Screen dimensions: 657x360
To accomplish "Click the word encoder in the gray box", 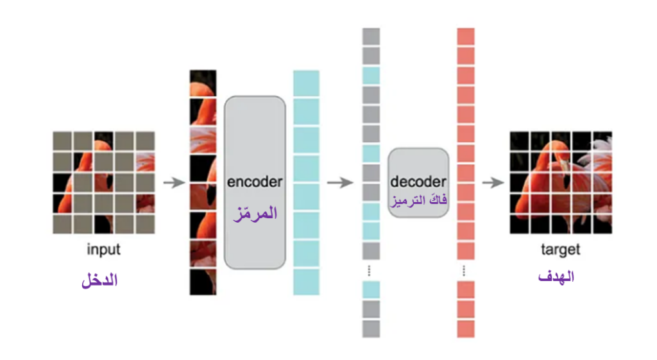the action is [x=255, y=182].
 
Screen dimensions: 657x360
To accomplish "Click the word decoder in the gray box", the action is [x=418, y=182].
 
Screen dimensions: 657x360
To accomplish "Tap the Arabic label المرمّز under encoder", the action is [x=255, y=214].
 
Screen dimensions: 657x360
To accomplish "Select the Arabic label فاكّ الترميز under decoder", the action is [x=418, y=200].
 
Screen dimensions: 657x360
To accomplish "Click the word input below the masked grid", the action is [x=103, y=250].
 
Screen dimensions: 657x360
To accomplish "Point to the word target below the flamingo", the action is [x=561, y=250].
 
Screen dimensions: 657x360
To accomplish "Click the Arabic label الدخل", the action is [x=99, y=280].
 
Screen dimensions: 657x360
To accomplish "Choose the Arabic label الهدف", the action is [x=556, y=277].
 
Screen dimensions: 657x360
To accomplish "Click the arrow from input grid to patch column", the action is [x=175, y=183].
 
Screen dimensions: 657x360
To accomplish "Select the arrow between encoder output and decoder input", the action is [x=340, y=183].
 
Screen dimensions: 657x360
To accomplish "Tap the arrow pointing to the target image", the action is [x=493, y=183].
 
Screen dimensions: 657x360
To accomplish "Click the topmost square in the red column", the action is [x=466, y=37].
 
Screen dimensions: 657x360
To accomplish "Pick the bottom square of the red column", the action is [x=466, y=329].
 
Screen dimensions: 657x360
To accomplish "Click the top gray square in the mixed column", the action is [x=371, y=37].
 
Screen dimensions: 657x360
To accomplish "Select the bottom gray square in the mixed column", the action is [x=371, y=329].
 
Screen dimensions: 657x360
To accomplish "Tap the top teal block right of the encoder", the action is [x=306, y=83].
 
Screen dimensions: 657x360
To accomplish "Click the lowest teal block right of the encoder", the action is [x=306, y=282].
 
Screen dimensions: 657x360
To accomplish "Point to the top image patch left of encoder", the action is [x=203, y=83].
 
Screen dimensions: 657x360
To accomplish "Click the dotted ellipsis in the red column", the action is [x=464, y=271].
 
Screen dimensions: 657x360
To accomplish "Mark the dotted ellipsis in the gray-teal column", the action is [x=369, y=271].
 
